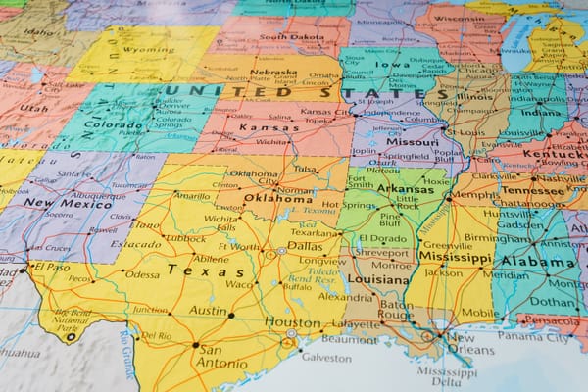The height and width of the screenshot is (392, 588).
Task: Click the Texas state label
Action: pos(192,269)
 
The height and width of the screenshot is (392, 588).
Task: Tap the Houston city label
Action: pos(292,321)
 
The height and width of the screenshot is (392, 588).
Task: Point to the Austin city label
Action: pos(208,311)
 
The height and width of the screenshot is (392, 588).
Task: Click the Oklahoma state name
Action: pos(276,197)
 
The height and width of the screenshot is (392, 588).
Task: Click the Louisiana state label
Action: pos(378,279)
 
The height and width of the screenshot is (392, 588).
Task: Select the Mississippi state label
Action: pos(457,256)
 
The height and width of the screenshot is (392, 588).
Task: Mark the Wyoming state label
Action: pos(148,49)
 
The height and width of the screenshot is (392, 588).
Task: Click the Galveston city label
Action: pos(325,358)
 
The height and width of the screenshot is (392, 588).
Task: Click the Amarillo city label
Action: pos(191,195)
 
